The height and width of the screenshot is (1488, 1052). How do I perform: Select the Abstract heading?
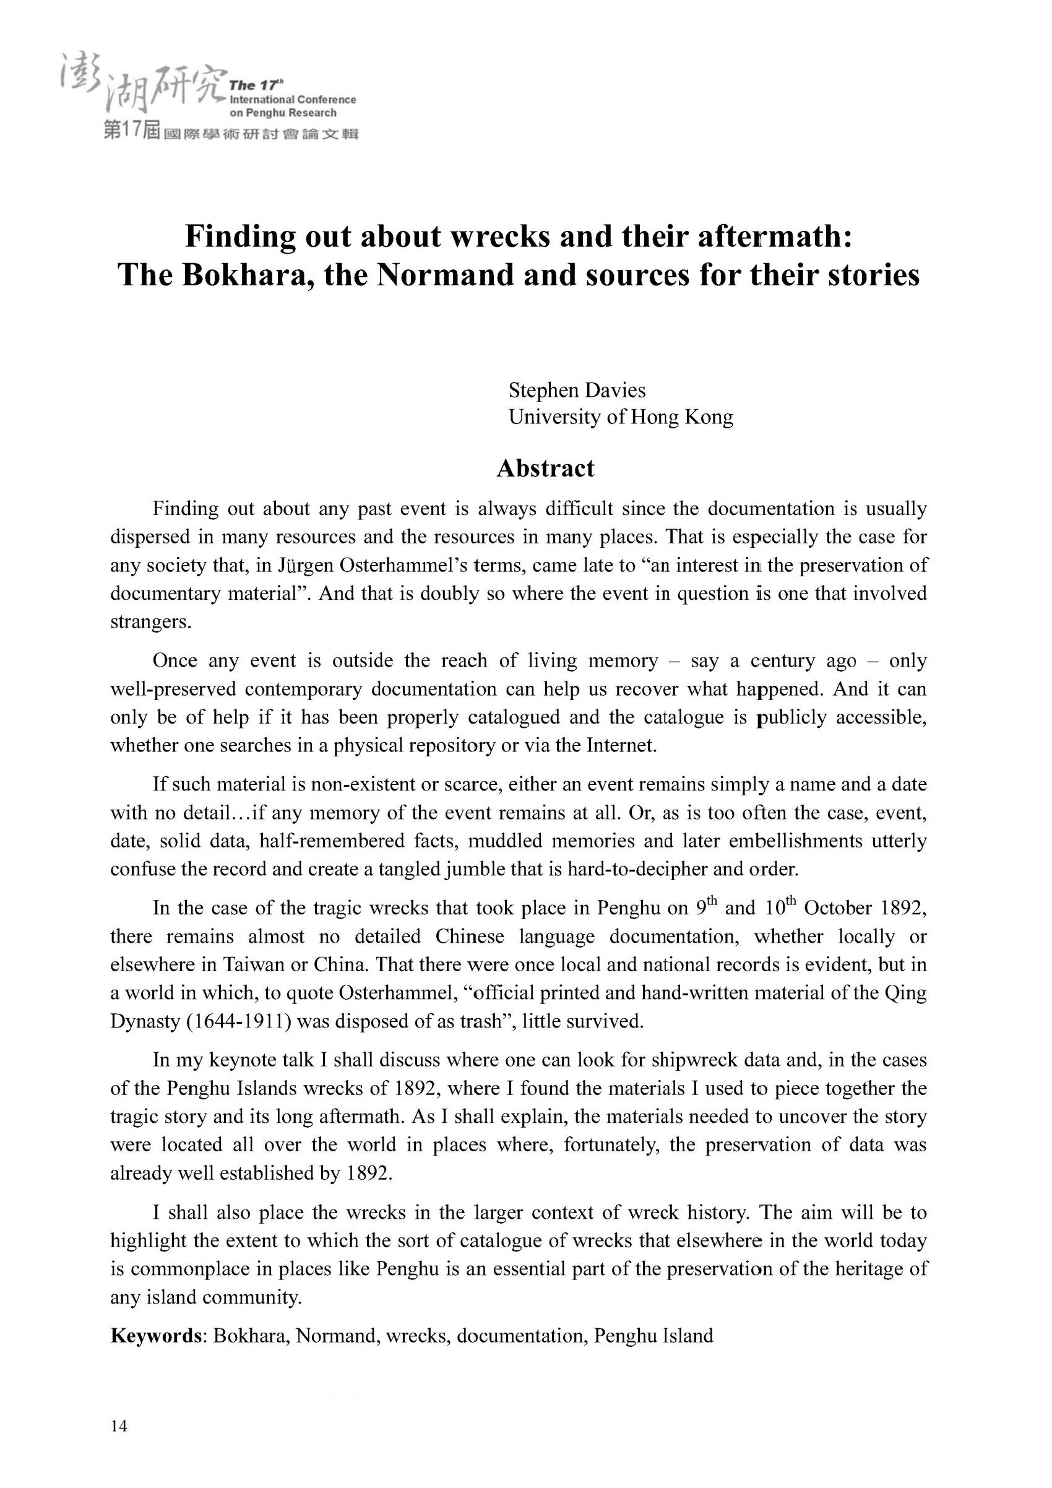(545, 468)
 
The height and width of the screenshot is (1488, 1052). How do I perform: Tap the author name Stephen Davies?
(577, 390)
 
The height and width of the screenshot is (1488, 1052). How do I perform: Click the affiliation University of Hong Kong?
(621, 417)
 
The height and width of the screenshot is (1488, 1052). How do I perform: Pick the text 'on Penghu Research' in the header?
(283, 113)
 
